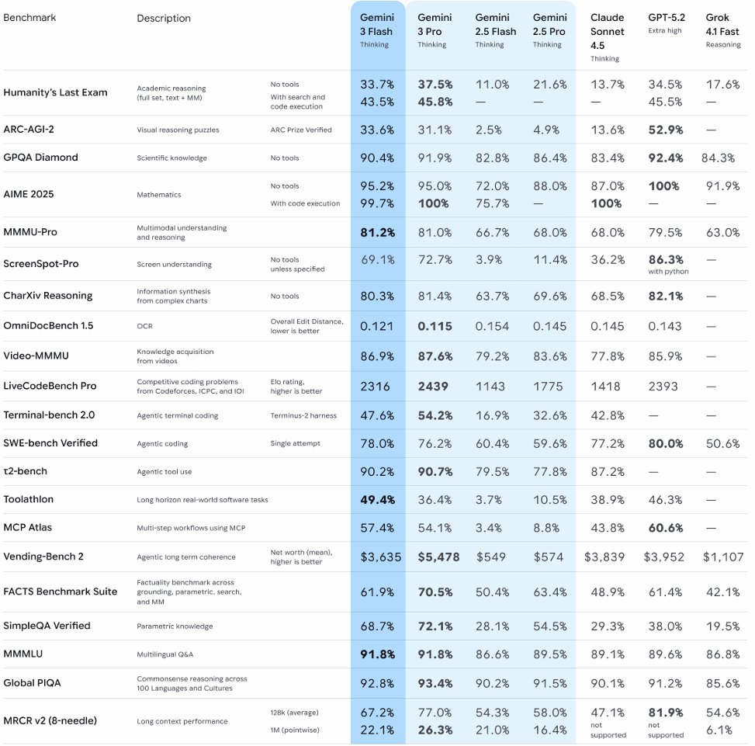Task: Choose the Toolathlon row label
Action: pyautogui.click(x=29, y=499)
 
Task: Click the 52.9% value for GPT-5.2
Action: pyautogui.click(x=665, y=130)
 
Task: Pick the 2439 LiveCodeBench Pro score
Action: pyautogui.click(x=433, y=386)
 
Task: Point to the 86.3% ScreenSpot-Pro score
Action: pyautogui.click(x=665, y=259)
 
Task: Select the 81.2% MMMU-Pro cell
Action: pyautogui.click(x=377, y=232)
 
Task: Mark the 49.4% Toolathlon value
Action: pyautogui.click(x=377, y=499)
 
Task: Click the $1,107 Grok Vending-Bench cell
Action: pyautogui.click(x=723, y=557)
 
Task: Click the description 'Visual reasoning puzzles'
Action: pyautogui.click(x=178, y=130)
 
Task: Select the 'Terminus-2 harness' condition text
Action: pyautogui.click(x=303, y=415)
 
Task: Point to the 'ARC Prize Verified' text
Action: pyautogui.click(x=301, y=130)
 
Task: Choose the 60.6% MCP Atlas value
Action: pyautogui.click(x=665, y=528)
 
